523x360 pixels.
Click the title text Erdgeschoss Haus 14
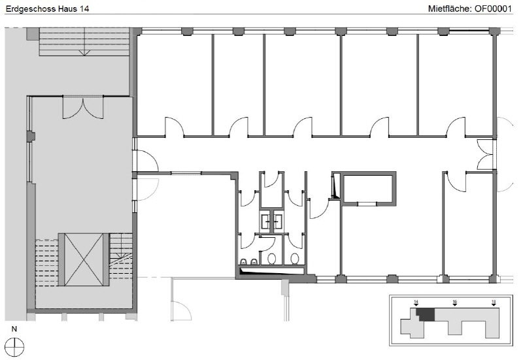click(47, 8)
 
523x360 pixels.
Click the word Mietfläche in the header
click(449, 8)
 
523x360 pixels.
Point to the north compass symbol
click(14, 347)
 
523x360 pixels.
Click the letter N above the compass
click(14, 329)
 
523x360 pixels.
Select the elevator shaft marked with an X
click(84, 259)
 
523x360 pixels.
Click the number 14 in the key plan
click(416, 303)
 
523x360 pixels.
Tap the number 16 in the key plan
click(454, 303)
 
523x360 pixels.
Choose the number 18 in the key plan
click(494, 303)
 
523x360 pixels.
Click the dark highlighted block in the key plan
click(427, 315)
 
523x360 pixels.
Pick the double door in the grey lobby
click(83, 107)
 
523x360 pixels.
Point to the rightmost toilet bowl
click(295, 258)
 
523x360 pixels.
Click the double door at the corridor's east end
click(485, 154)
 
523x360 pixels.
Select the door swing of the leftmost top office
click(175, 127)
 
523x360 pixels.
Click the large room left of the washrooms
click(187, 225)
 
